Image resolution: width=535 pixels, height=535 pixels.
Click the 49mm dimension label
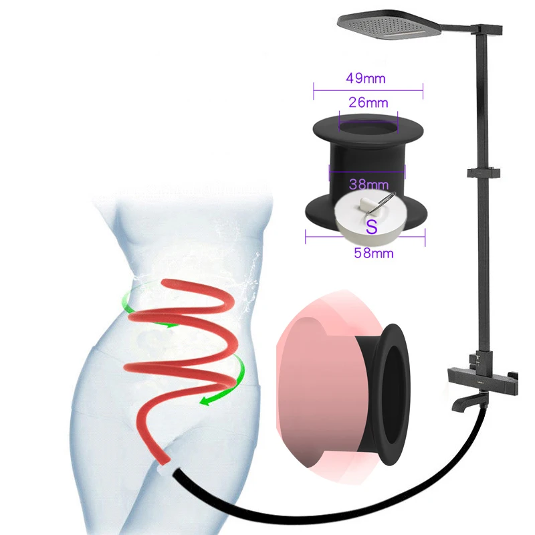366,78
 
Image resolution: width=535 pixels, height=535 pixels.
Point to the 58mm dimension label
373,253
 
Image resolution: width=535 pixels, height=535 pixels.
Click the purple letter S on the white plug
372,225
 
